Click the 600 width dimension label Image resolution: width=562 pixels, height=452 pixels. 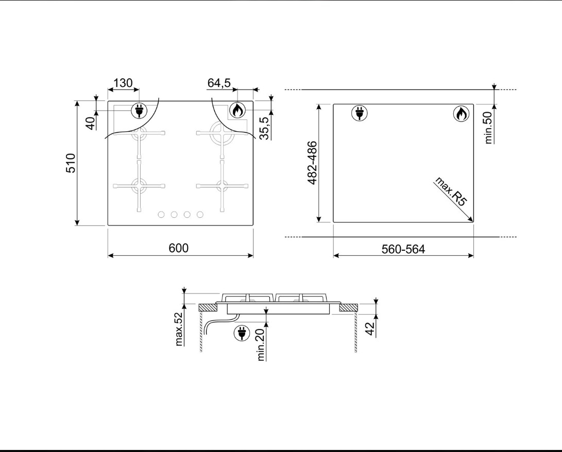[179, 248]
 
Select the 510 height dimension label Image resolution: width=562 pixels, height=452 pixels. [71, 163]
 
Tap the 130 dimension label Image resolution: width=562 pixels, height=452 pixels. [123, 83]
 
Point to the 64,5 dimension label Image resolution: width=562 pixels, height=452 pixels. [219, 83]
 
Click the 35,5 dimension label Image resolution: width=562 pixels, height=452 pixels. [264, 128]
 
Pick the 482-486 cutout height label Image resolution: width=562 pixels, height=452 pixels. [313, 163]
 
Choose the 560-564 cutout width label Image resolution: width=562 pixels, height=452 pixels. [403, 249]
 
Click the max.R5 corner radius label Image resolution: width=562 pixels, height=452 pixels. [451, 192]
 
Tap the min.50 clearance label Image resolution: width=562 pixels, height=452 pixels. [488, 128]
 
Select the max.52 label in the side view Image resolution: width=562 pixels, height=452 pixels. [179, 329]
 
